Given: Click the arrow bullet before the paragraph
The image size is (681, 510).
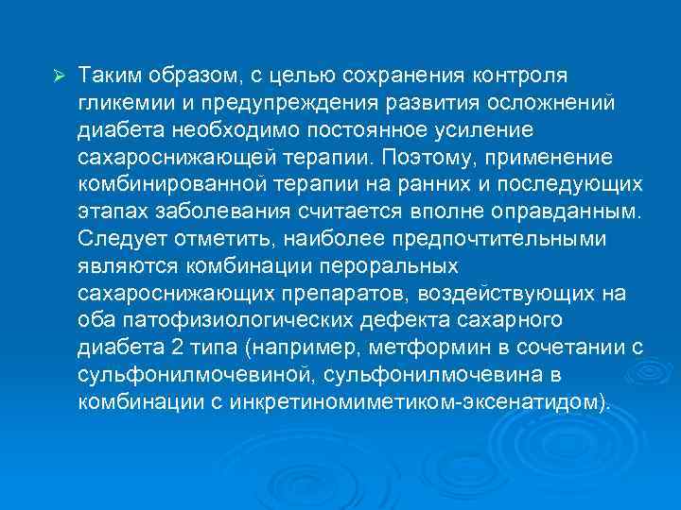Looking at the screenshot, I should click(x=58, y=75).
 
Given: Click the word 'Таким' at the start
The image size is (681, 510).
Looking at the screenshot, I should click(x=106, y=75).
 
